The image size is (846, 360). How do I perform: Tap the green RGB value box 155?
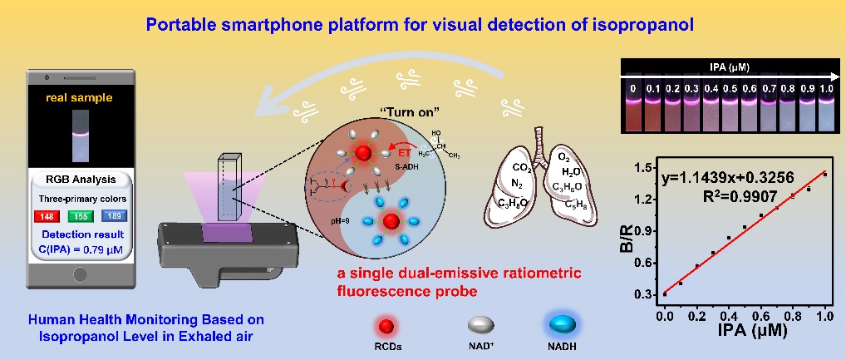(81, 217)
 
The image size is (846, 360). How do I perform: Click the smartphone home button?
(81, 274)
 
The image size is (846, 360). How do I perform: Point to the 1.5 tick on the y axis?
(642, 169)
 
